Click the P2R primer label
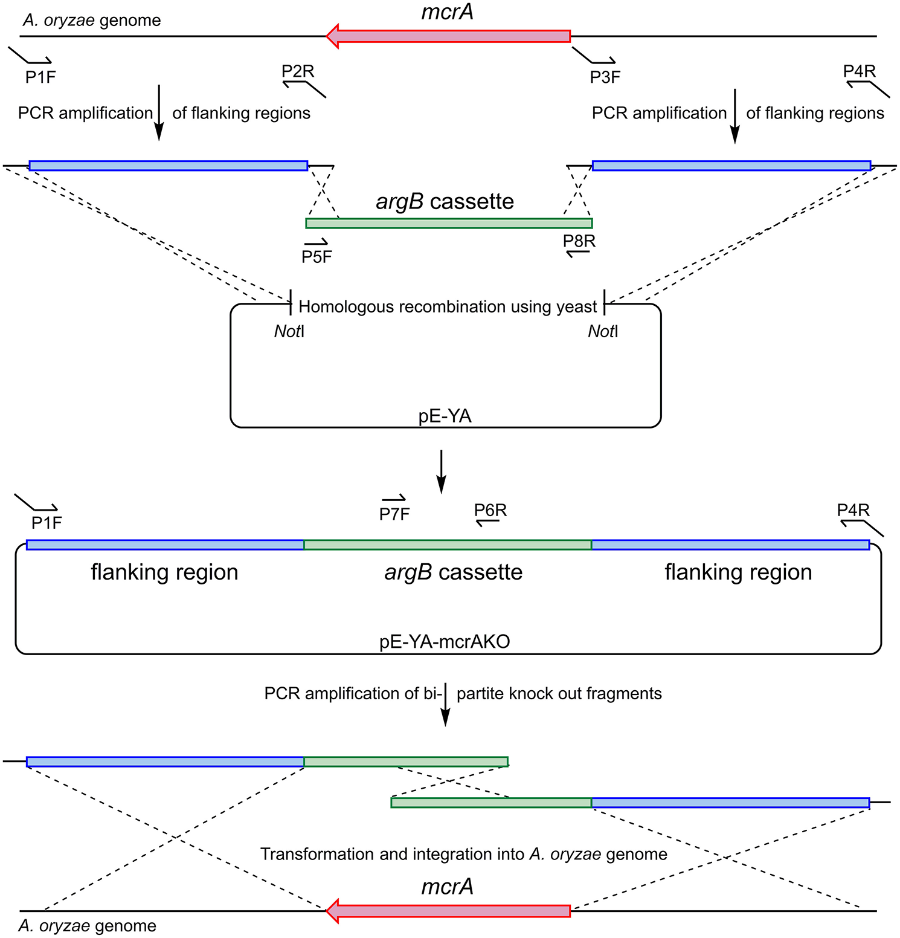click(298, 71)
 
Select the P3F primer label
click(605, 77)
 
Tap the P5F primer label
click(317, 257)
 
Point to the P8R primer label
click(579, 241)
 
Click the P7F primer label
click(394, 514)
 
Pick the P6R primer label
click(490, 510)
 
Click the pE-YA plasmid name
click(445, 416)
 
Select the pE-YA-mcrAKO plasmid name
click(445, 641)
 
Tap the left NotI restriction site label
click(289, 331)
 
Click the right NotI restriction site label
click(603, 331)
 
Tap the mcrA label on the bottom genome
click(447, 887)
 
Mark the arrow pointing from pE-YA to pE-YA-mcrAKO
click(442, 471)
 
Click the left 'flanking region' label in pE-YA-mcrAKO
click(164, 572)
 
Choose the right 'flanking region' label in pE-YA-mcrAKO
click(738, 572)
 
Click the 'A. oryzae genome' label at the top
click(92, 21)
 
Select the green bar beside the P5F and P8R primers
click(449, 224)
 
